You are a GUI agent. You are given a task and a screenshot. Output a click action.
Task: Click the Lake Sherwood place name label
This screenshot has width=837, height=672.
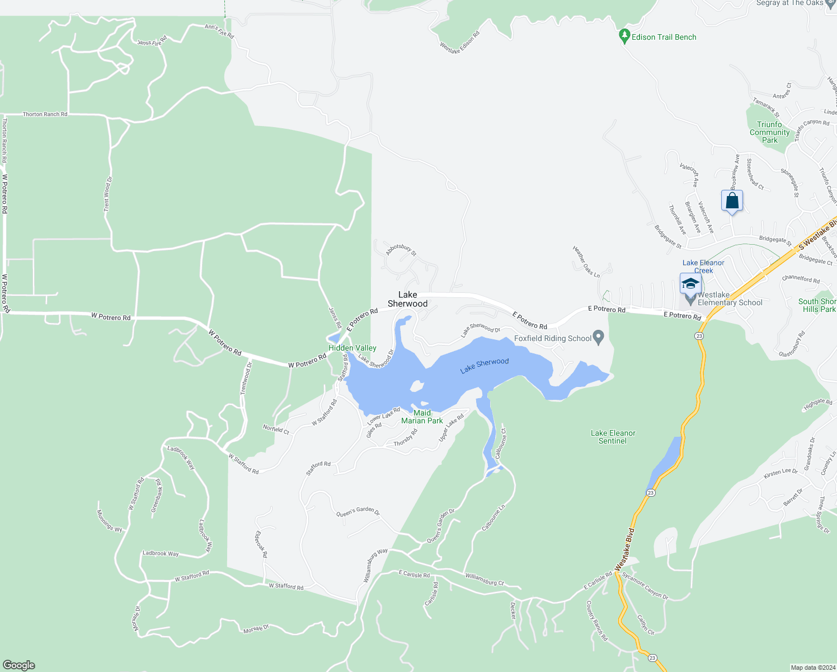pyautogui.click(x=407, y=299)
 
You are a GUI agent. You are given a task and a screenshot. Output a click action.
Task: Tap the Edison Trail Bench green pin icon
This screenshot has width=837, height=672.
pyautogui.click(x=625, y=36)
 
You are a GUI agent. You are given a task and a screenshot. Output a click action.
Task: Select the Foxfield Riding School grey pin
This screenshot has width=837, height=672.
pyautogui.click(x=599, y=338)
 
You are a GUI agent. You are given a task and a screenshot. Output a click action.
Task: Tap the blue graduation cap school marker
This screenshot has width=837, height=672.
pyautogui.click(x=690, y=283)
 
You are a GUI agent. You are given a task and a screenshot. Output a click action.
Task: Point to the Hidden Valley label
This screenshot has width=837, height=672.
pyautogui.click(x=352, y=348)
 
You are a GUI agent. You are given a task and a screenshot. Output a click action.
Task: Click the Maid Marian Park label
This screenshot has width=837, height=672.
pyautogui.click(x=422, y=417)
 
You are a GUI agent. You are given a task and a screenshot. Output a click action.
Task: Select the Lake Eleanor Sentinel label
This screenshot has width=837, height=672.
pyautogui.click(x=613, y=437)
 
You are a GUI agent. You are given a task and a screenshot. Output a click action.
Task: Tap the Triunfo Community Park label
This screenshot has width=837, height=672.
pyautogui.click(x=769, y=132)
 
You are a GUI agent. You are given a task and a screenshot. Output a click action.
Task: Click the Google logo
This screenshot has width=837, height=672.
pyautogui.click(x=19, y=665)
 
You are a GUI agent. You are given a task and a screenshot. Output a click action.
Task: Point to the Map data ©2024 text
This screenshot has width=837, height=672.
pyautogui.click(x=812, y=668)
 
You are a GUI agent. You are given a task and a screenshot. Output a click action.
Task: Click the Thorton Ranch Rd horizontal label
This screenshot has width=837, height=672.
pyautogui.click(x=45, y=114)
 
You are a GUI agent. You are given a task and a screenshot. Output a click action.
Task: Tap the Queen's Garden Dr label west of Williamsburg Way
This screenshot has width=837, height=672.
pyautogui.click(x=358, y=511)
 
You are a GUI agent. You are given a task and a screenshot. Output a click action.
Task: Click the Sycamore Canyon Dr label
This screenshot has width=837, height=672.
pyautogui.click(x=645, y=586)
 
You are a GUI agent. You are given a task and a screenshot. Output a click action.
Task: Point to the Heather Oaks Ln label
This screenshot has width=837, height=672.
pyautogui.click(x=586, y=262)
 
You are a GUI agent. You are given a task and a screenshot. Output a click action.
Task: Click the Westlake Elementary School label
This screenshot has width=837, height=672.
pyautogui.click(x=730, y=298)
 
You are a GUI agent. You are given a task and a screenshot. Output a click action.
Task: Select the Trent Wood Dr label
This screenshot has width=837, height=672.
pyautogui.click(x=108, y=194)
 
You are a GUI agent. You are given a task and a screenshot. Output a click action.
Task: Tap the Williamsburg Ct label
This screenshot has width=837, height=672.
pyautogui.click(x=485, y=579)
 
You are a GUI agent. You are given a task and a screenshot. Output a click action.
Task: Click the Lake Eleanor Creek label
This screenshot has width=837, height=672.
pyautogui.click(x=703, y=267)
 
